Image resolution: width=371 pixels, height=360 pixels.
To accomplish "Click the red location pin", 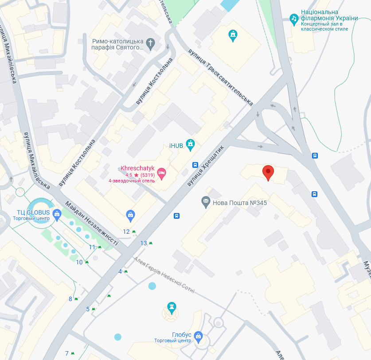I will [x=268, y=172].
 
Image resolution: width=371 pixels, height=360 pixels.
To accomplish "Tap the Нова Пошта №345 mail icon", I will [x=206, y=202].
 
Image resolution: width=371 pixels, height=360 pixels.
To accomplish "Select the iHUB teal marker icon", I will [x=191, y=145].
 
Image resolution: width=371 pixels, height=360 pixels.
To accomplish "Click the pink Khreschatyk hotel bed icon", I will [x=161, y=174].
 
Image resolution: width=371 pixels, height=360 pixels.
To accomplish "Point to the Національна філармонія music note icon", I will [x=293, y=18].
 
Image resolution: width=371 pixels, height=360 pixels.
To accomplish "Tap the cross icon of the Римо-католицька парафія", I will [x=151, y=43].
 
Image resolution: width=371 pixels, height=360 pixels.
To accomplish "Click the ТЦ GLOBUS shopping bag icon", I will [x=57, y=215].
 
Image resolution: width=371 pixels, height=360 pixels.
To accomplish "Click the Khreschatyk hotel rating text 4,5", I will [x=129, y=174].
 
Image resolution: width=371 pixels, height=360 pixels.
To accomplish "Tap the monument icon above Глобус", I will [x=172, y=306].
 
